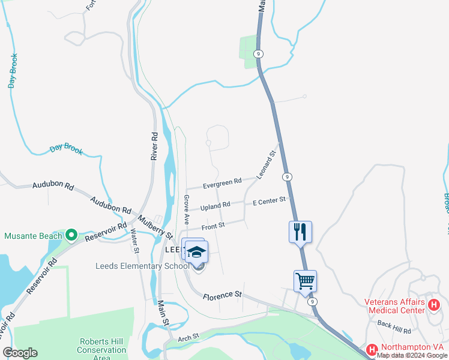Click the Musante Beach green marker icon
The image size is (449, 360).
tap(71, 235)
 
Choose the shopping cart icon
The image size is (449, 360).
tap(305, 281)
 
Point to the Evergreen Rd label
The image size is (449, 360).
tap(221, 181)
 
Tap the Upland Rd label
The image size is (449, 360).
tap(215, 205)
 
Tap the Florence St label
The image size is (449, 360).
tap(221, 295)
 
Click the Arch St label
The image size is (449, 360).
tap(188, 339)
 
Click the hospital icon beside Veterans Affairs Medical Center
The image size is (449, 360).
tap(434, 305)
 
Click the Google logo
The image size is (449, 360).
tap(20, 353)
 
